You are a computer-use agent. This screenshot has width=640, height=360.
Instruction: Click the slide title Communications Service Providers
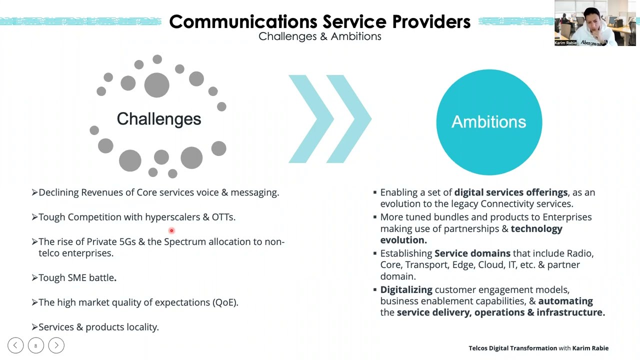319,21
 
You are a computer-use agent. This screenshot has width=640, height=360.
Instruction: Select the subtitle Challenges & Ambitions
319,36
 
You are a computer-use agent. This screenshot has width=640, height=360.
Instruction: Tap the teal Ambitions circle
488,122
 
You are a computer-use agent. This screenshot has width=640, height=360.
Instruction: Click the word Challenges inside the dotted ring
158,119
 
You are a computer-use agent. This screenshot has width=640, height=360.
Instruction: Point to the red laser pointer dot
171,230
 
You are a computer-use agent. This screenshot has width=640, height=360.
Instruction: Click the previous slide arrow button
15,345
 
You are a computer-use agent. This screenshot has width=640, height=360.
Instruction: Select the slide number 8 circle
35,345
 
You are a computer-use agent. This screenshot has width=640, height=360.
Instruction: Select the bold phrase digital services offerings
510,192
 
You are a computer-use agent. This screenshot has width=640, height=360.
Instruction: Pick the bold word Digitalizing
406,290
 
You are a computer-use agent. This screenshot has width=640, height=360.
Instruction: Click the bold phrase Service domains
472,253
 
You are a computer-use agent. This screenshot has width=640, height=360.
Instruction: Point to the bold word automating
565,301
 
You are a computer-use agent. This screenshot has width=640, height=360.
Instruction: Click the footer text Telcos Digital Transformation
512,348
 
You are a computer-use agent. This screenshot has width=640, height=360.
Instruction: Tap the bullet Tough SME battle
77,278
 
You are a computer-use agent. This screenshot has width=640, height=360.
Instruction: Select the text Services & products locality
98,327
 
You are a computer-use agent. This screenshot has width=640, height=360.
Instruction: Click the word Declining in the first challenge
58,192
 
